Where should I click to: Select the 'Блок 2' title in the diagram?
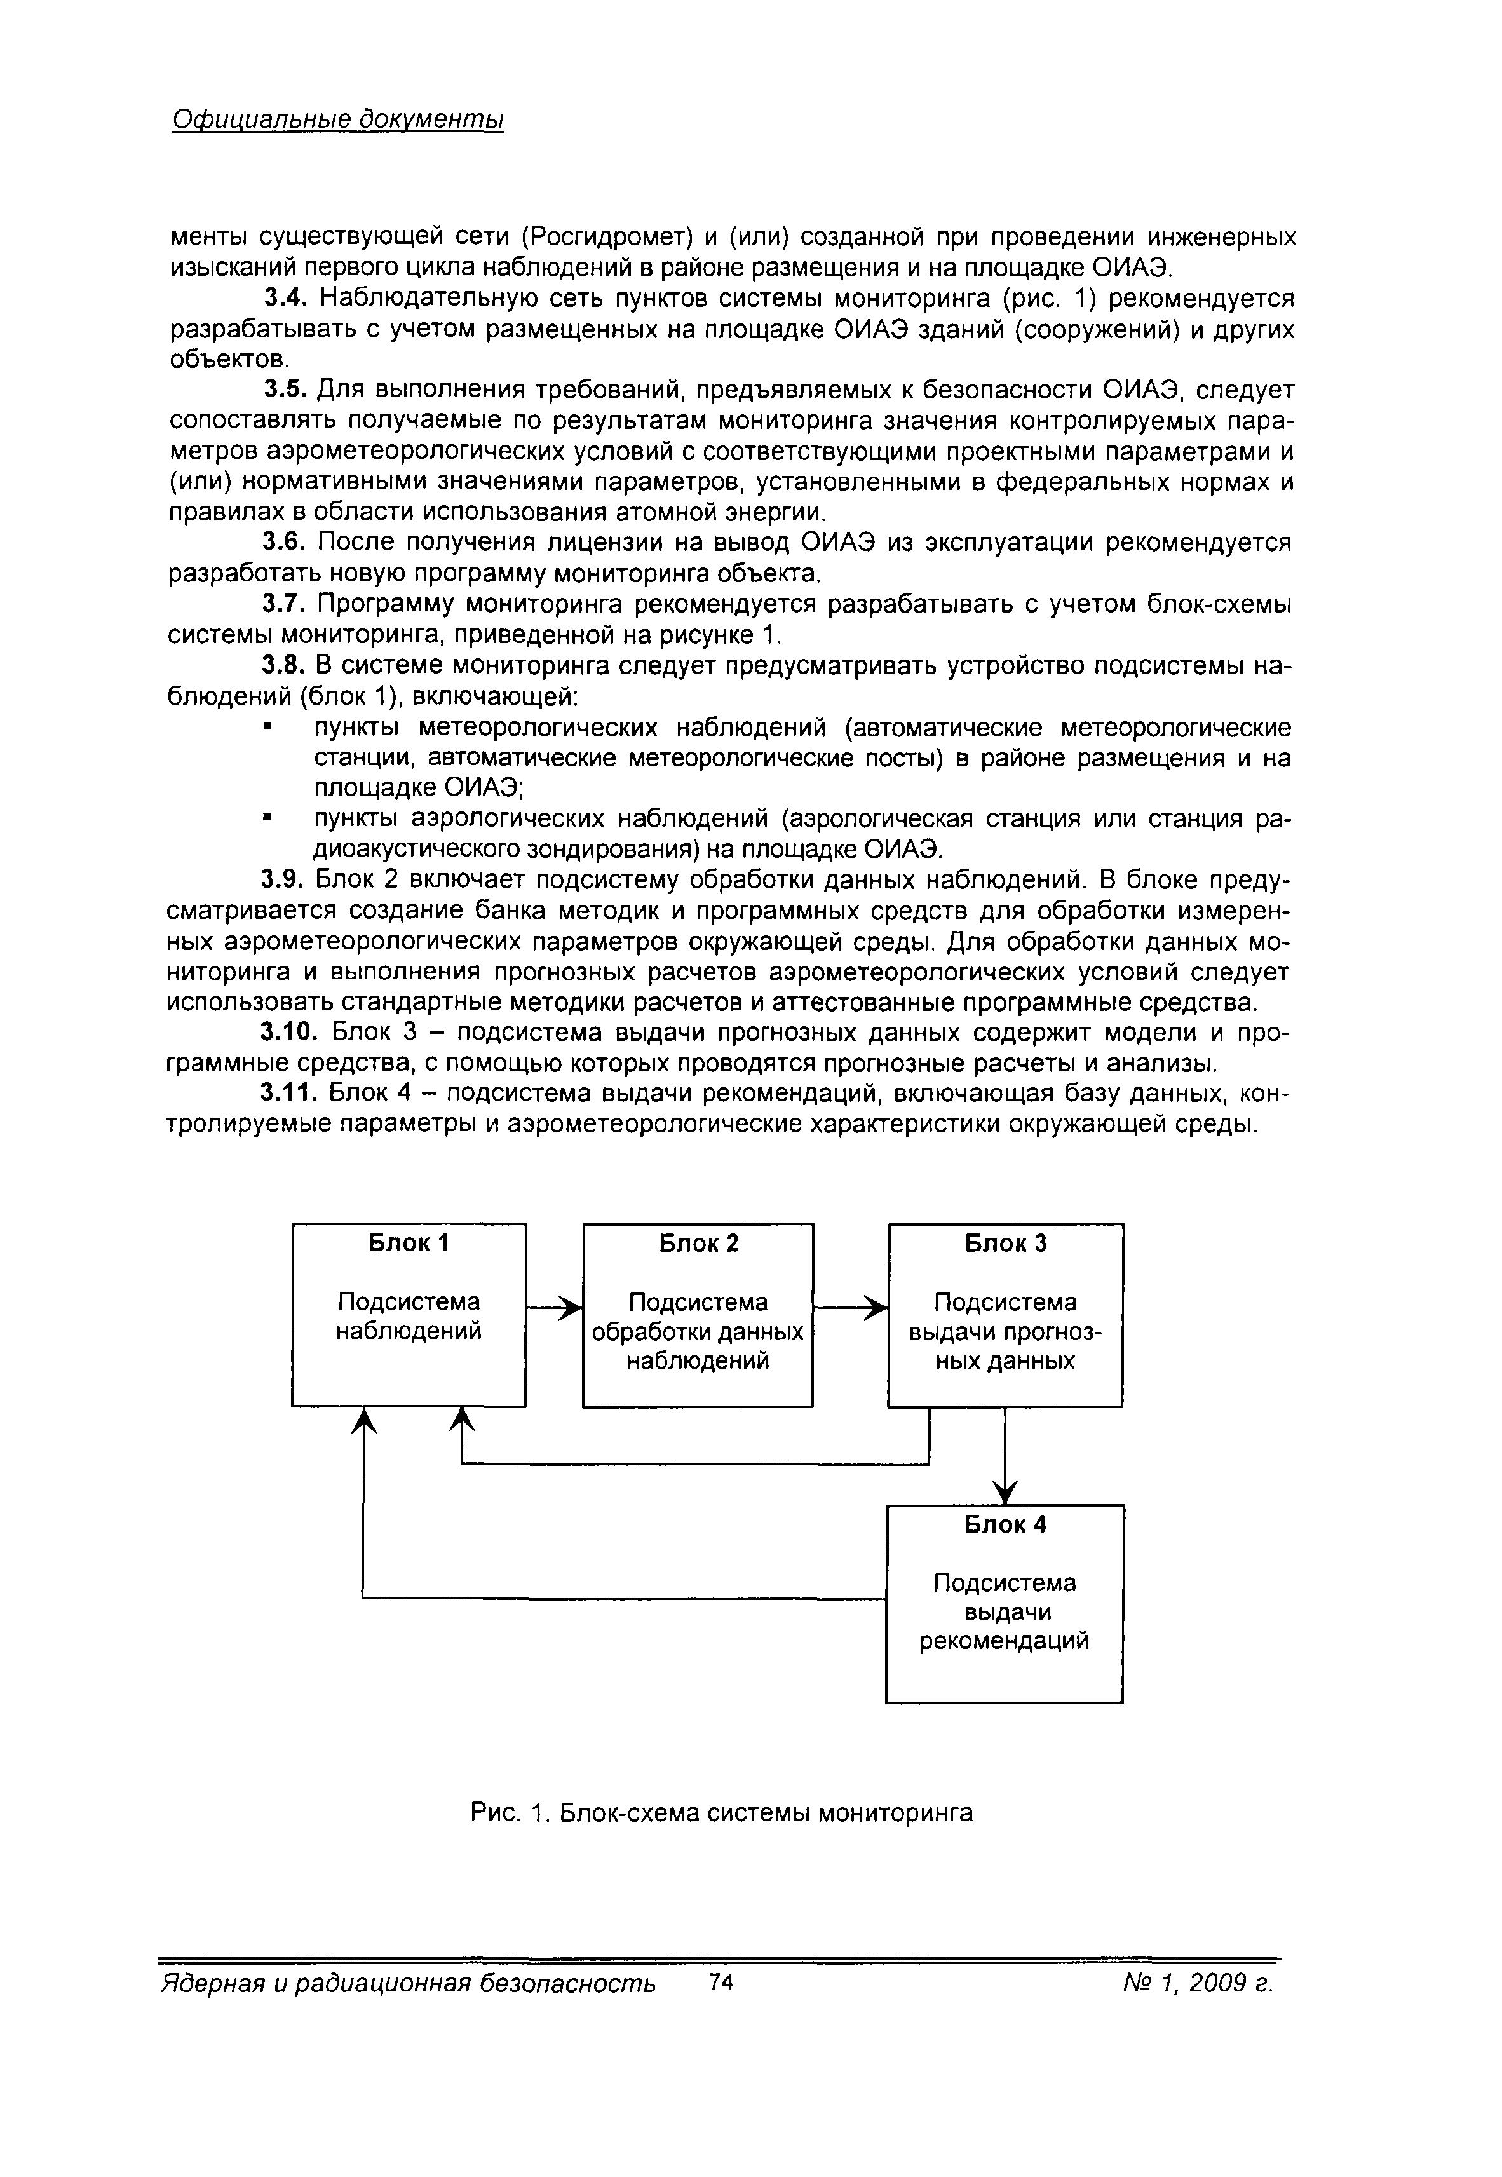(698, 1244)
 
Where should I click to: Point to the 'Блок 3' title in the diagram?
(1005, 1244)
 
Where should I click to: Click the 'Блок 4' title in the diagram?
(1005, 1524)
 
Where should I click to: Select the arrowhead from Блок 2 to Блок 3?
(877, 1307)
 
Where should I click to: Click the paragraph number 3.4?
(285, 299)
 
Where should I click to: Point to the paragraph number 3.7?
(285, 604)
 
